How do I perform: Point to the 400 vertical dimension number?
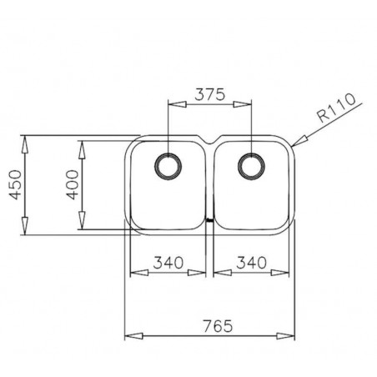click(73, 184)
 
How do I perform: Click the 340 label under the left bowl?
click(168, 263)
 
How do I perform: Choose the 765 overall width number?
click(212, 325)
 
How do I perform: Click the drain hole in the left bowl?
click(168, 164)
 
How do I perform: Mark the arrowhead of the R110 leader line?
click(298, 143)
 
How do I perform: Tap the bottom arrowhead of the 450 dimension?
click(26, 233)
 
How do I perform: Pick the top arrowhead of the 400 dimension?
click(83, 145)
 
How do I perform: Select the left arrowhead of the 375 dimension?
click(173, 105)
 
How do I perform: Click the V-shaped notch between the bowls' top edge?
click(210, 138)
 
